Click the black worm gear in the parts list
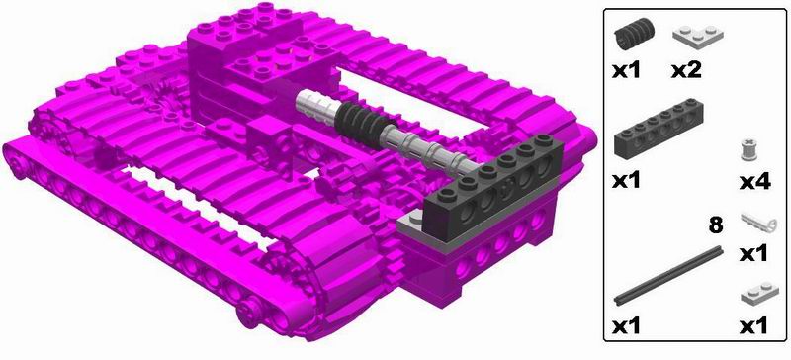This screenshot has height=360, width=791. coord(634,33)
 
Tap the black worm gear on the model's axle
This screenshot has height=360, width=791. coord(360,124)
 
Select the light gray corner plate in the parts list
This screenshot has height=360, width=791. coord(698,35)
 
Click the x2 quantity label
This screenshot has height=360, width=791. coord(686,70)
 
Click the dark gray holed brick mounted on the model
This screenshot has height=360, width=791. coord(492,187)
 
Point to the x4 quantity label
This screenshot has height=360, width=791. coord(755,182)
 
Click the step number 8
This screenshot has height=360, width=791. coord(715,225)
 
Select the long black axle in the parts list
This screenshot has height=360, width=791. coord(668,276)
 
